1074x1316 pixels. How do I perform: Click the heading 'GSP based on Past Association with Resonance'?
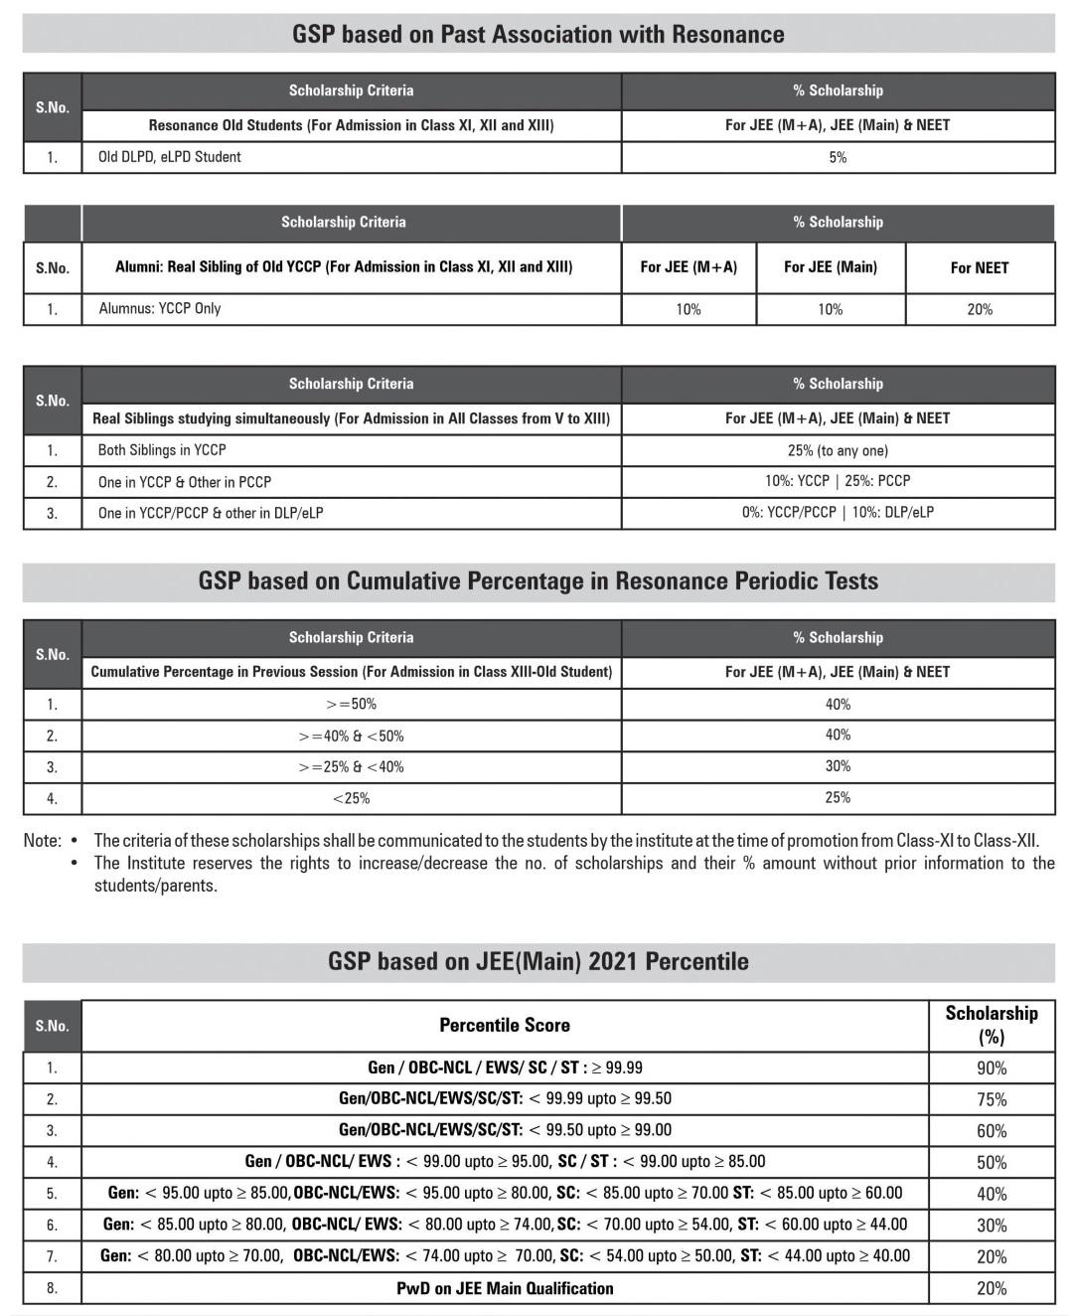point(537,34)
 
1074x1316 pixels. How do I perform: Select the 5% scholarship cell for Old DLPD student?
point(838,157)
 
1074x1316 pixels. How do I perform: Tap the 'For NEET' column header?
point(979,267)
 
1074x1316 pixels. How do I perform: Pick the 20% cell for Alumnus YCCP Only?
point(979,309)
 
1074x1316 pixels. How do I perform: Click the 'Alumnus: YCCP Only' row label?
point(160,308)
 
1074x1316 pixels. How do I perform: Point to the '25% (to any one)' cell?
point(838,450)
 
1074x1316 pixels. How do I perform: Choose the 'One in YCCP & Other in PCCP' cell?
point(185,482)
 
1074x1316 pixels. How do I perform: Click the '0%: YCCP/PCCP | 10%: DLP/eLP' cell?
point(838,513)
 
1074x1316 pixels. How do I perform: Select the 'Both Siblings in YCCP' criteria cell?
point(162,450)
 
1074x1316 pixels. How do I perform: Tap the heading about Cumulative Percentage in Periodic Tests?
point(537,580)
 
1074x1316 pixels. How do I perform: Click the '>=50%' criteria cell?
point(351,704)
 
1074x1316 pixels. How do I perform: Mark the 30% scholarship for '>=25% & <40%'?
point(838,766)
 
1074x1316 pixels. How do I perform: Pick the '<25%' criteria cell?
point(351,798)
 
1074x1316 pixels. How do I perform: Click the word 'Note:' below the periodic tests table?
point(42,841)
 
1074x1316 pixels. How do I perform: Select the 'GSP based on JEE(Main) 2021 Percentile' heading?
point(537,961)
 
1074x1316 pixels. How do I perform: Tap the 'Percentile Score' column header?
point(505,1025)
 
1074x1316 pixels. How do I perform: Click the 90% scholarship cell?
point(991,1068)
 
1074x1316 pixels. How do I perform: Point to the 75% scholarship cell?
point(991,1099)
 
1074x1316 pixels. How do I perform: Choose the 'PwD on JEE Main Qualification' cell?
point(505,1288)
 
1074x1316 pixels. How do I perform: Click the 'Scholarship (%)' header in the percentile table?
point(991,1025)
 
